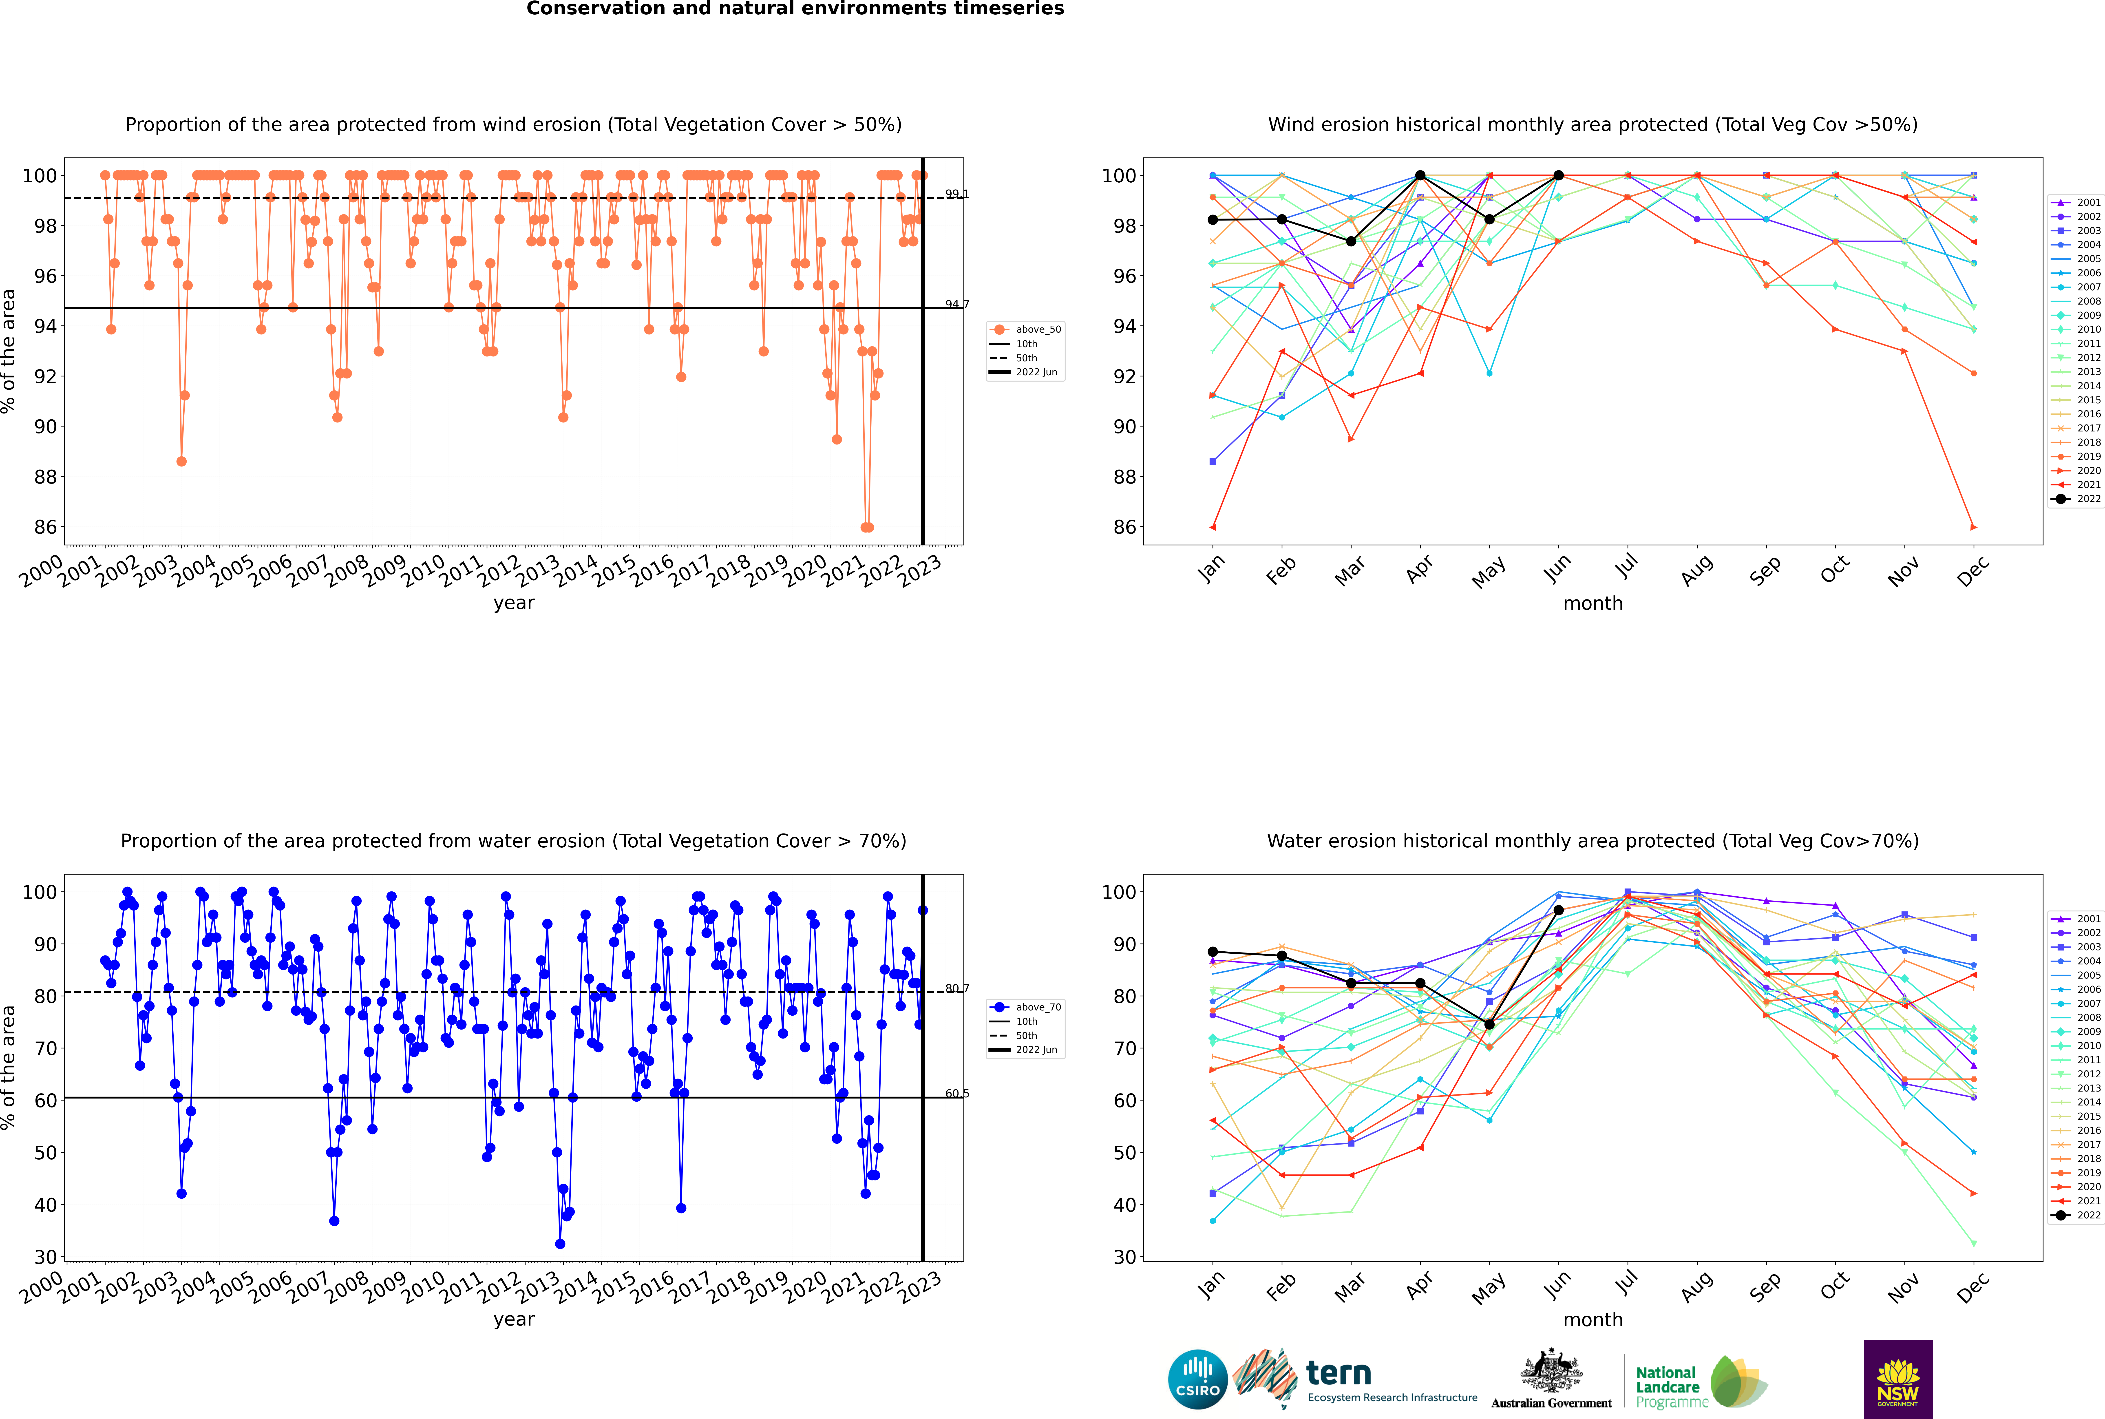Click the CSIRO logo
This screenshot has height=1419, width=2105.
tap(1197, 1379)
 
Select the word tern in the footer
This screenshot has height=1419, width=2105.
tap(1339, 1374)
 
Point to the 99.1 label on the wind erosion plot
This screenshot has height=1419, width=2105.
tap(956, 194)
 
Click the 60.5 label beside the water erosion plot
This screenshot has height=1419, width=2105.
tap(956, 1093)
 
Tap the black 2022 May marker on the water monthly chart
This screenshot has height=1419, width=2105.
tap(1489, 1024)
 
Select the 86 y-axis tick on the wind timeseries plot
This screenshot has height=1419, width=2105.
tap(45, 527)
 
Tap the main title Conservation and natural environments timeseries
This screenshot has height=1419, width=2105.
tap(795, 9)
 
